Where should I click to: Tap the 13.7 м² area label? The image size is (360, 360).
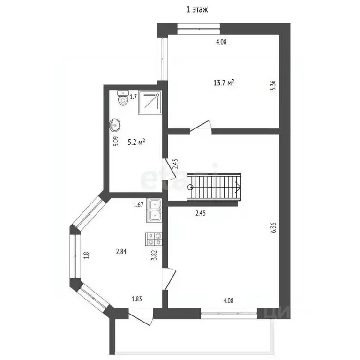click(224, 83)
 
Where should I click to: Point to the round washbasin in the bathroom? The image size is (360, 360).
click(115, 125)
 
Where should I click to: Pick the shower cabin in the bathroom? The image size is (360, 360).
click(150, 103)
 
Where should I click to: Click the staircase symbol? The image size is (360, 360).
click(215, 186)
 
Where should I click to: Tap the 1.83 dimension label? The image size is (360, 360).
click(137, 299)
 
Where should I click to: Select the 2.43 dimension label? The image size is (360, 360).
click(175, 163)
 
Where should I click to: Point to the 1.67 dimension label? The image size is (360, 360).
click(138, 204)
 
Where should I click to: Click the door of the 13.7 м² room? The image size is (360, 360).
click(202, 126)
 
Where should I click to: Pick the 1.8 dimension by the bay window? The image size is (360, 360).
click(85, 255)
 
